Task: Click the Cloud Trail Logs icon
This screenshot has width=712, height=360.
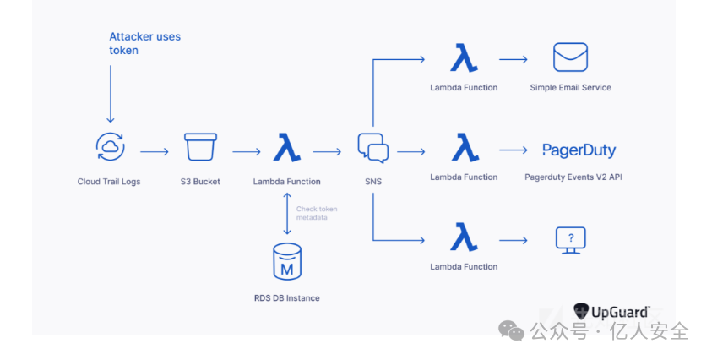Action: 111,147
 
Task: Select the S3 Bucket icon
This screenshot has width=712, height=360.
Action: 200,147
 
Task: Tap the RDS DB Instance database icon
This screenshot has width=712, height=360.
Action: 287,261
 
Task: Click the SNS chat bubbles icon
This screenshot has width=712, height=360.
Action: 372,148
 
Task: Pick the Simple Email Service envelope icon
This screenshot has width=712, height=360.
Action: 570,57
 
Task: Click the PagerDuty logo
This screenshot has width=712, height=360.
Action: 579,150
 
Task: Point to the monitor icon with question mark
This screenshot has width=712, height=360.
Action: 570,239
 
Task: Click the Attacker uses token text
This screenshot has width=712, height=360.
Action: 144,43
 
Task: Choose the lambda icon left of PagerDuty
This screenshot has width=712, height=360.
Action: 464,148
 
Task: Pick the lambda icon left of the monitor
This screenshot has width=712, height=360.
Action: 464,237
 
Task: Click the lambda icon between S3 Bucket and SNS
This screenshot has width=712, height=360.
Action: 287,148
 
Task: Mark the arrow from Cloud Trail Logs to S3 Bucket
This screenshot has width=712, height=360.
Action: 154,152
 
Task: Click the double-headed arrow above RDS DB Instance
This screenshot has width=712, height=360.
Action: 287,214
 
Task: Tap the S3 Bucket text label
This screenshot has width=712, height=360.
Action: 200,181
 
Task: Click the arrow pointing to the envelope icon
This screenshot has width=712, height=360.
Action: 514,59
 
